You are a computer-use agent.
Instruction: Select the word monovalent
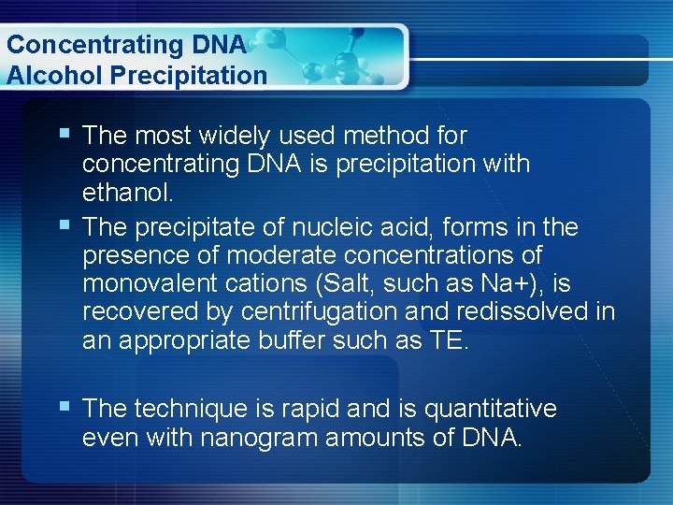[138, 283]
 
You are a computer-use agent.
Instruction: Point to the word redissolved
[525, 311]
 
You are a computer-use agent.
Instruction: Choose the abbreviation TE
[448, 340]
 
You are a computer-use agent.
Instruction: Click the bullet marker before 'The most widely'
[64, 135]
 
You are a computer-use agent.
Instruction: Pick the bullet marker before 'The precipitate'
[64, 226]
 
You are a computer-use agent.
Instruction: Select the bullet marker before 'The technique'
[64, 408]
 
